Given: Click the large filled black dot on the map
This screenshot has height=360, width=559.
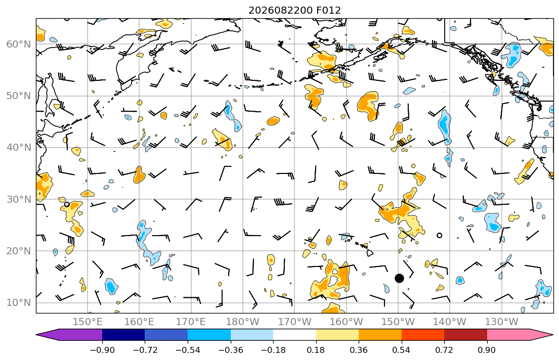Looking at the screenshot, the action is click(x=399, y=279).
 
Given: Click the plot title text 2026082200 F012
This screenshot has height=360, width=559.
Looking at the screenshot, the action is click(x=294, y=10).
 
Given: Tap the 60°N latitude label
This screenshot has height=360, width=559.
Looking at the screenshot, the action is click(x=19, y=44).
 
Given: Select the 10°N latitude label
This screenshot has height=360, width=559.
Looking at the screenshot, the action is click(x=19, y=303).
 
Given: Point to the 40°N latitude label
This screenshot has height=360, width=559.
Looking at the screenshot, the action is click(x=19, y=148).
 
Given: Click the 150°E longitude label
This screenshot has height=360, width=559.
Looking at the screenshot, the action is click(x=88, y=322).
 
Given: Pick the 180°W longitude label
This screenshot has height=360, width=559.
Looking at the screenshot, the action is click(x=243, y=322).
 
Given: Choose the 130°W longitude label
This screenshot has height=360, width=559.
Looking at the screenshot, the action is click(x=502, y=322).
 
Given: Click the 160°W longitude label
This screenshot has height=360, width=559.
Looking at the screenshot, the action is click(x=346, y=322).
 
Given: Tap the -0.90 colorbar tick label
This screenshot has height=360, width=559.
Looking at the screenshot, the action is click(x=102, y=350).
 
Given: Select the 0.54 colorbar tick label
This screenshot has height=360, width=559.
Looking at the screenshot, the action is click(x=402, y=350).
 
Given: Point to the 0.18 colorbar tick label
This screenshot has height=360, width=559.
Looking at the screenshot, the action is click(x=316, y=350).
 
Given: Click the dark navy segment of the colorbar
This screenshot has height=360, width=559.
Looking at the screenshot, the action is click(x=123, y=335).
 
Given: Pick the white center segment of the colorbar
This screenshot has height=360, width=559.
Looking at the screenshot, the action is click(x=294, y=335).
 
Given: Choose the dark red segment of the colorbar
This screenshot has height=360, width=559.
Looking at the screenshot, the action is click(x=465, y=335).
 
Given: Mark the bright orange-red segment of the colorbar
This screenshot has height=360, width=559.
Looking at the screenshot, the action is click(x=423, y=335).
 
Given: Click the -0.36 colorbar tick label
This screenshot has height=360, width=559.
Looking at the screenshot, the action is click(x=230, y=350).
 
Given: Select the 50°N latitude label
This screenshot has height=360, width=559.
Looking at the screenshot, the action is click(x=19, y=96).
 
